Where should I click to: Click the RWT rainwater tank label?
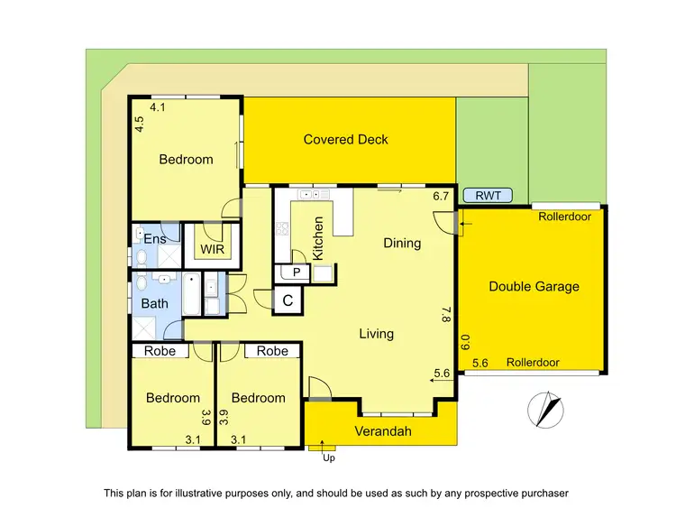click(x=488, y=195)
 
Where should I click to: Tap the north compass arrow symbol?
click(x=546, y=409)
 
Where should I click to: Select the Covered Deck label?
click(x=346, y=139)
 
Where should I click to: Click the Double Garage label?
click(x=534, y=287)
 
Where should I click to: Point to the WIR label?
click(x=213, y=248)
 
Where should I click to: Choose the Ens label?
click(x=154, y=239)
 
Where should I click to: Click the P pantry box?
click(x=295, y=272)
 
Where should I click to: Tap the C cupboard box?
click(x=288, y=300)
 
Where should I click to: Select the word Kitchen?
click(x=318, y=239)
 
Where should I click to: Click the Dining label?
click(x=402, y=243)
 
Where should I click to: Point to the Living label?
click(x=376, y=334)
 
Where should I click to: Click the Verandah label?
click(x=381, y=431)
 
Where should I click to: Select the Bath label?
click(x=154, y=303)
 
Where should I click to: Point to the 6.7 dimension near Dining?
click(x=441, y=196)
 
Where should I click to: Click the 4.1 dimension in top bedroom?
click(x=159, y=107)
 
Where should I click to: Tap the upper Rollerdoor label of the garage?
click(x=562, y=217)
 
